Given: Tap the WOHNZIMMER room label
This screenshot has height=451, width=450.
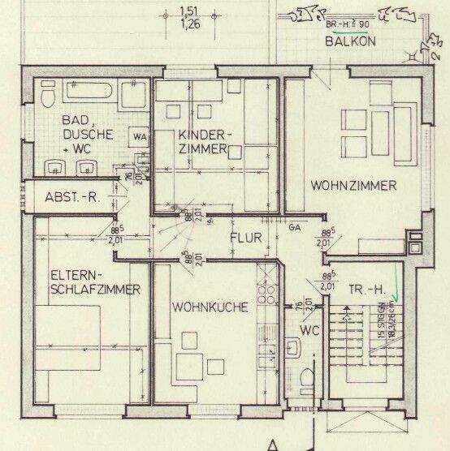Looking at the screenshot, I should [353, 186].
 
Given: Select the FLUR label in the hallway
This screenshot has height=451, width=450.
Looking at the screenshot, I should [244, 238].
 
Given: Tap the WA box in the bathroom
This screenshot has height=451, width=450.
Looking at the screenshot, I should [141, 135].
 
